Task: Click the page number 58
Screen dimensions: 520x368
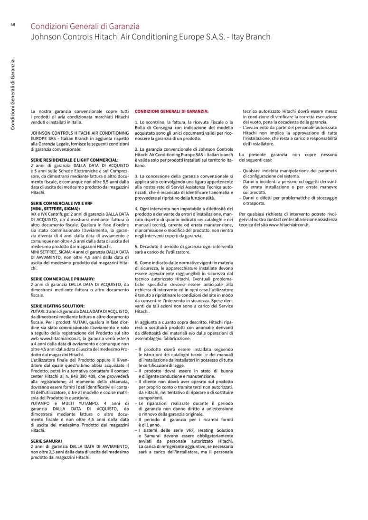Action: click(x=12, y=25)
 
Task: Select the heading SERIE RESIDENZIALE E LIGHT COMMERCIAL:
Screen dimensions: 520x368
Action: click(x=75, y=160)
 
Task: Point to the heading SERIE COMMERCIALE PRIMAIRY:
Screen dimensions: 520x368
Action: click(x=63, y=279)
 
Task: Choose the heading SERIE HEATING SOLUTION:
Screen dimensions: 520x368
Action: click(x=57, y=306)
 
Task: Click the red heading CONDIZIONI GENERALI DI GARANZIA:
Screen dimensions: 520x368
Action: click(x=171, y=111)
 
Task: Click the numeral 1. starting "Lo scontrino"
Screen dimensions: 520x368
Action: click(x=137, y=122)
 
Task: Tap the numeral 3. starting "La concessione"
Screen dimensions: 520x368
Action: click(x=137, y=176)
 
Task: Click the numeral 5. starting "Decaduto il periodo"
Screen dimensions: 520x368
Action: click(x=137, y=247)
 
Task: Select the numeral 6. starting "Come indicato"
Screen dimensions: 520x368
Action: click(x=137, y=262)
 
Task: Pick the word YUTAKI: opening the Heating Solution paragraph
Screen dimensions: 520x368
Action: click(x=39, y=311)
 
